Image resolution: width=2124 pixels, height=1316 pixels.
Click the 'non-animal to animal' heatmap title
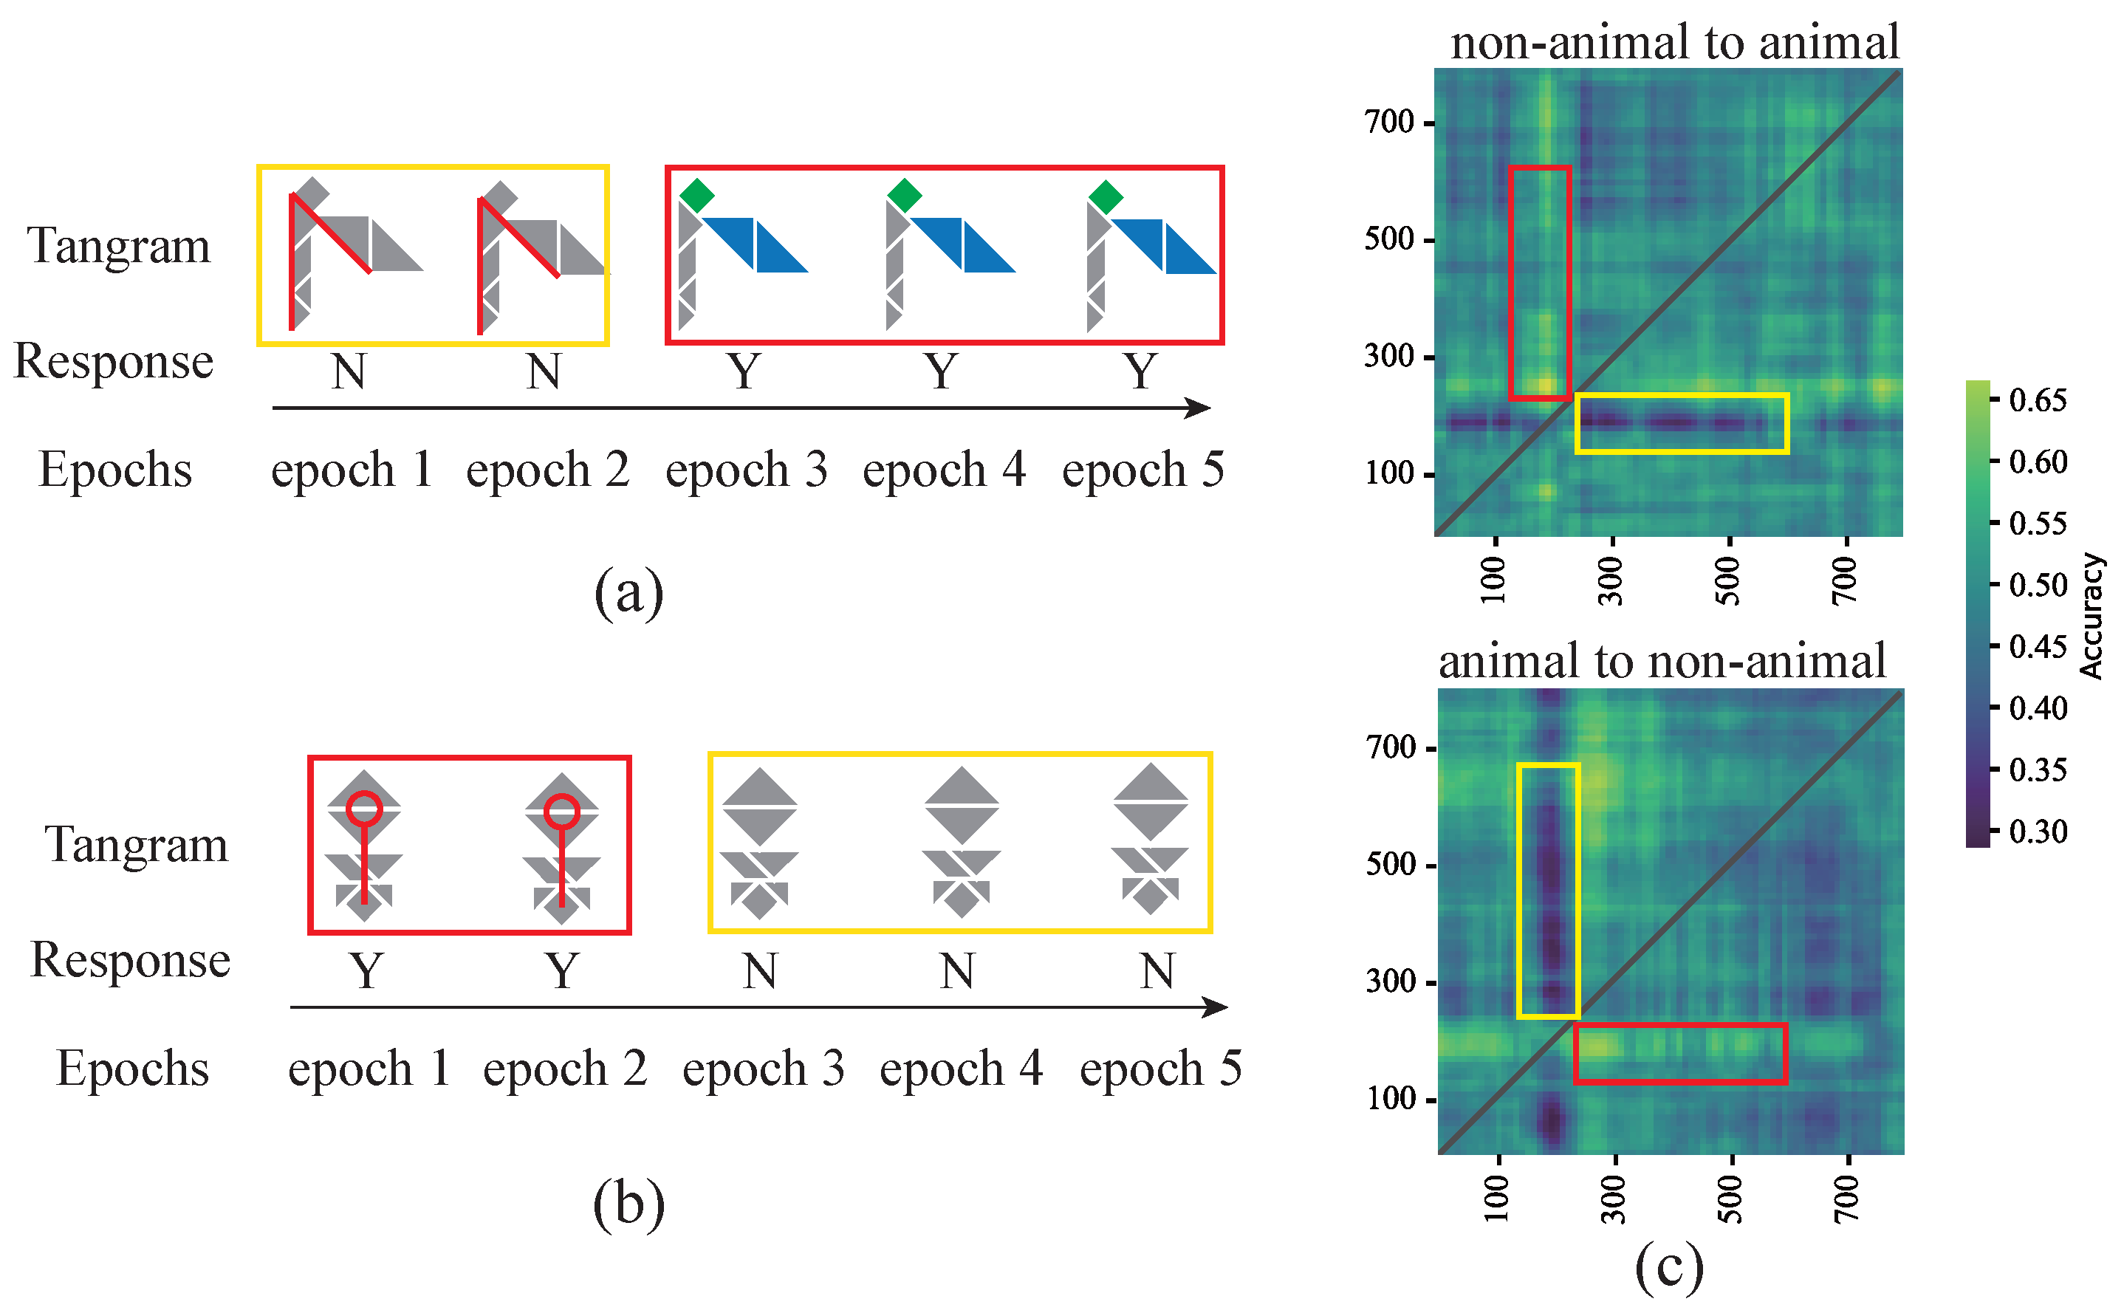(1674, 42)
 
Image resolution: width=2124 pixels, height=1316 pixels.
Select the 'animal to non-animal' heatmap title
(1662, 661)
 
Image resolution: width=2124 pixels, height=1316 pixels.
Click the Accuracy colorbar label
(2091, 616)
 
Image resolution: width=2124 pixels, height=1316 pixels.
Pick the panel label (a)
(628, 592)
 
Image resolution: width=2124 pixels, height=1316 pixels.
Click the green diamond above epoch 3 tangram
(696, 195)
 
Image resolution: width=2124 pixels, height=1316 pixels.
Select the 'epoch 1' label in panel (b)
(369, 1069)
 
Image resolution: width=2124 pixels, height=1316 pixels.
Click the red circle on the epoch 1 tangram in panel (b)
(363, 809)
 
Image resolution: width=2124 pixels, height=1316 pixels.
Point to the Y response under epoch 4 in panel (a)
(942, 371)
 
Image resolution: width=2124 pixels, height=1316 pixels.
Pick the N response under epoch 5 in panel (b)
(1157, 971)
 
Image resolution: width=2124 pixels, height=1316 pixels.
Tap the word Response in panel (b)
(131, 960)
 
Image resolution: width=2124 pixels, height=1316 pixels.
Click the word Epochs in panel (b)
(132, 1069)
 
